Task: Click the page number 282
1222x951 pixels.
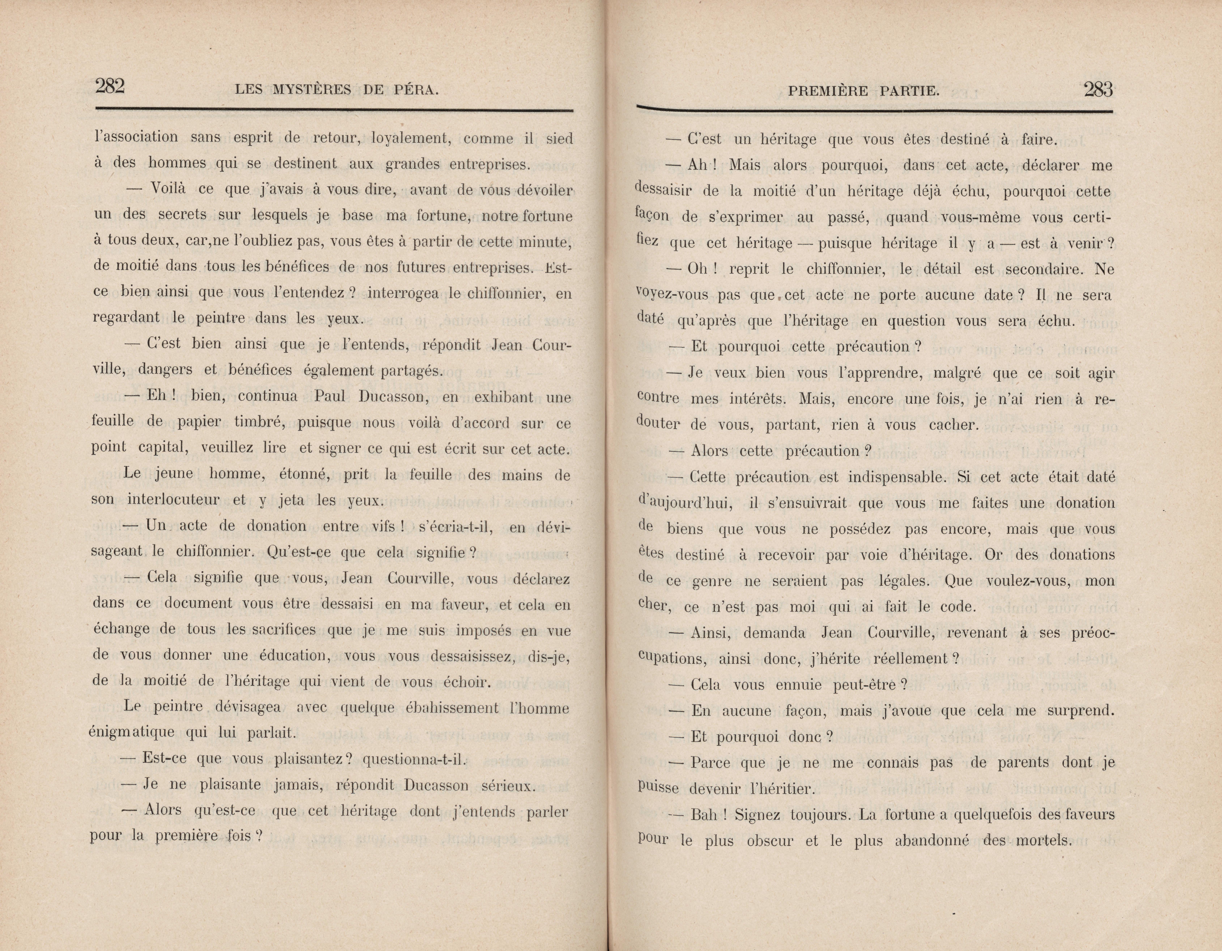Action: (110, 87)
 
